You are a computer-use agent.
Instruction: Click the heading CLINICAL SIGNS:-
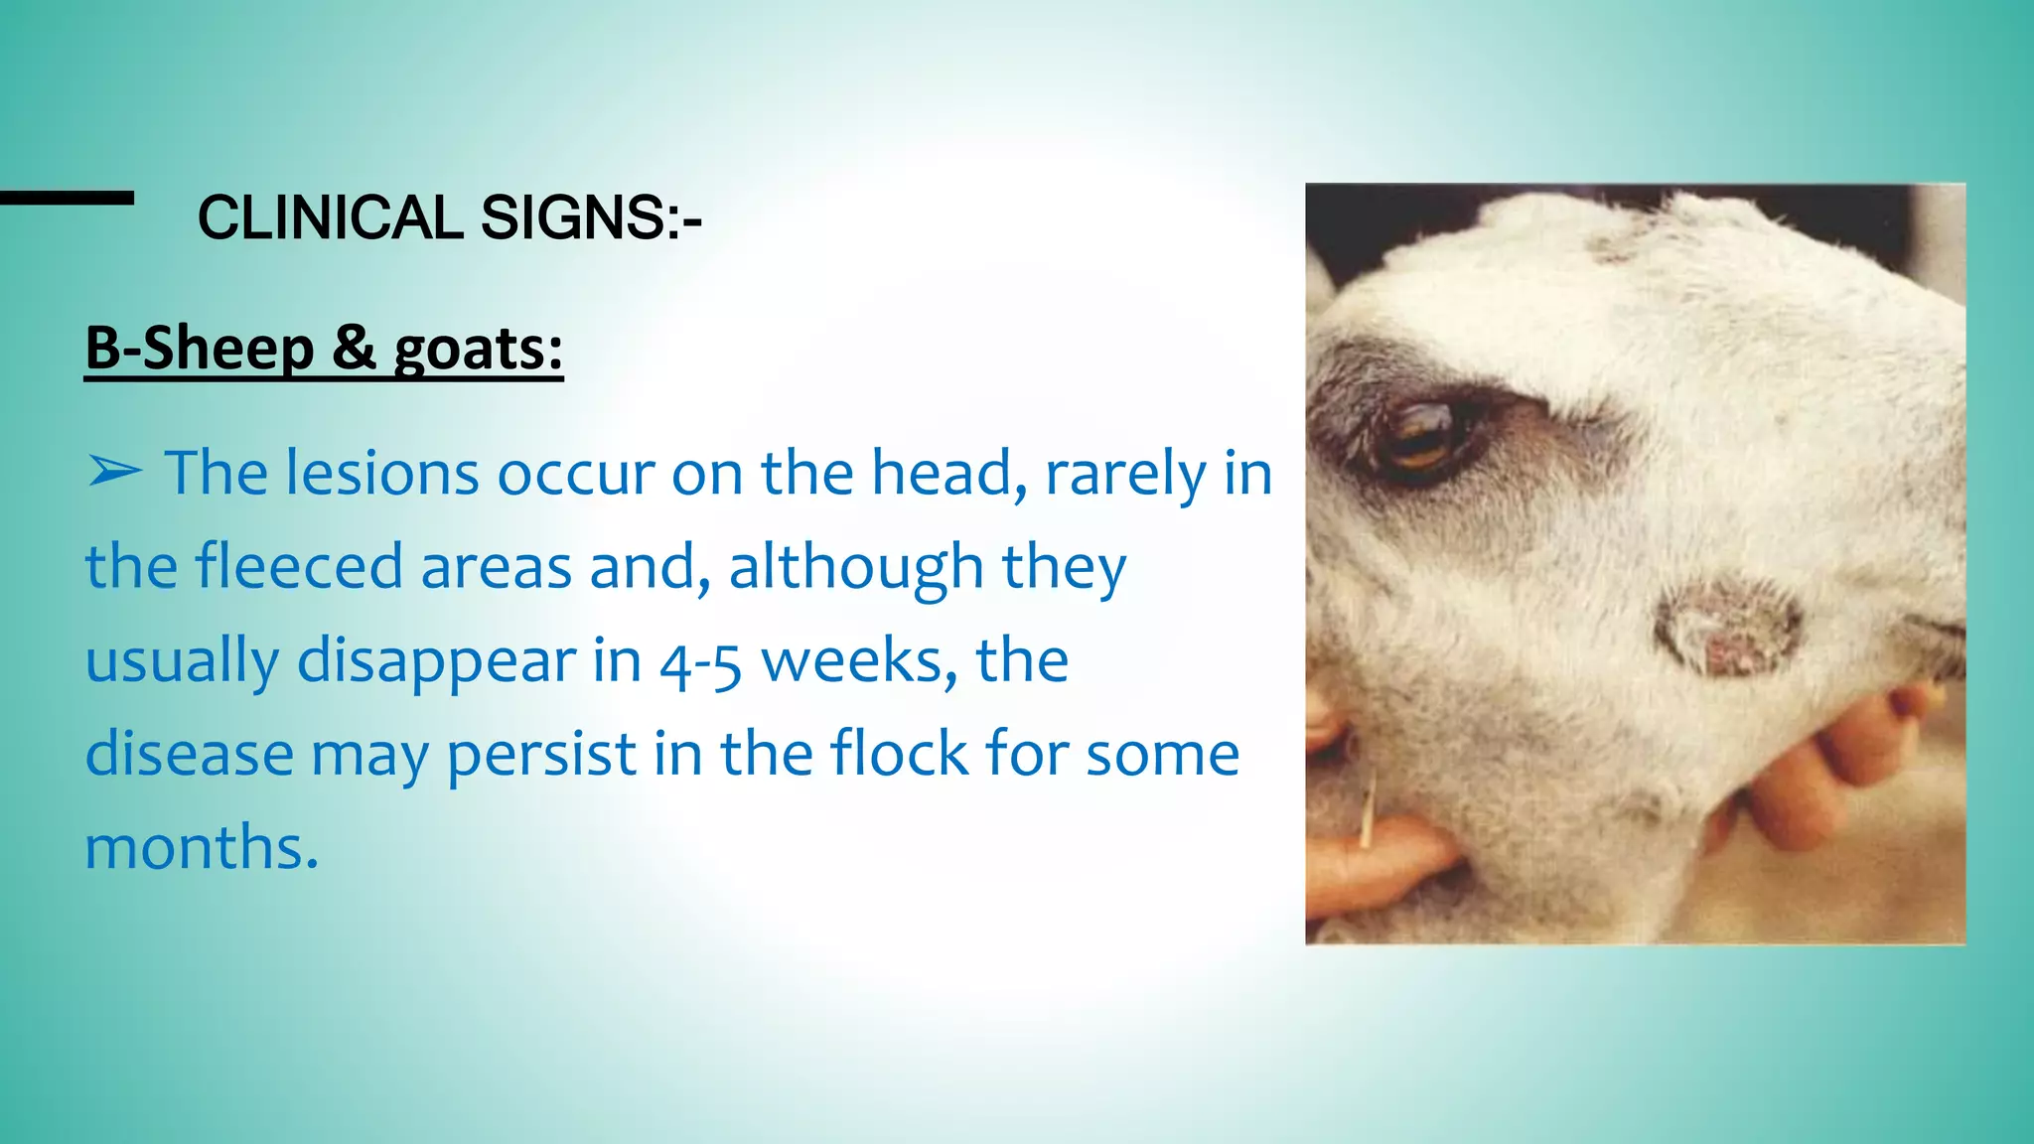pos(449,217)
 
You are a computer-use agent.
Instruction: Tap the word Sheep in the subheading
pos(228,349)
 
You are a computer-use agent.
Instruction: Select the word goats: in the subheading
pos(479,351)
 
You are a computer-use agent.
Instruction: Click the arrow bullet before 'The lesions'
pos(114,472)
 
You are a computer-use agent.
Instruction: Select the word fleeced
pos(298,566)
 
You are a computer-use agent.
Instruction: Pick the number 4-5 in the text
pos(700,661)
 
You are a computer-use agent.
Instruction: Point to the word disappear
pos(436,661)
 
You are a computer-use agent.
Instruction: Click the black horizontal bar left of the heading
pos(67,198)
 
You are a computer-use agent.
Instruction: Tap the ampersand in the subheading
pos(354,349)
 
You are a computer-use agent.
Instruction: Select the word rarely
pos(1124,474)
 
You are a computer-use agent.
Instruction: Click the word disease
pos(189,754)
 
